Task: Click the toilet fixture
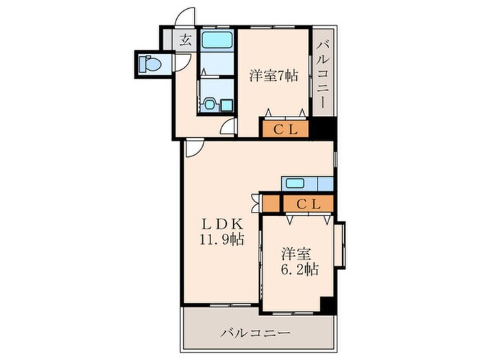pyautogui.click(x=150, y=64)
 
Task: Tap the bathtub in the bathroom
pyautogui.click(x=217, y=40)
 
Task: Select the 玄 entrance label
pyautogui.click(x=186, y=40)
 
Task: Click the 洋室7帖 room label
pyautogui.click(x=274, y=75)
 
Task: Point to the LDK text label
pyautogui.click(x=221, y=224)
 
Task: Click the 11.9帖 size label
pyautogui.click(x=221, y=239)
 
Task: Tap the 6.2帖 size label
pyautogui.click(x=300, y=269)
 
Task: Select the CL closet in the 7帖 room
pyautogui.click(x=285, y=130)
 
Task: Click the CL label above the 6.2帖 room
pyautogui.click(x=309, y=204)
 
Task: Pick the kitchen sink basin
pyautogui.click(x=295, y=184)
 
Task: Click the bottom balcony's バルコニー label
pyautogui.click(x=255, y=333)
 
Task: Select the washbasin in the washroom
pyautogui.click(x=210, y=105)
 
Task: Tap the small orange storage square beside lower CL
pyautogui.click(x=271, y=203)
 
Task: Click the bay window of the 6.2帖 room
pyautogui.click(x=340, y=245)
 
